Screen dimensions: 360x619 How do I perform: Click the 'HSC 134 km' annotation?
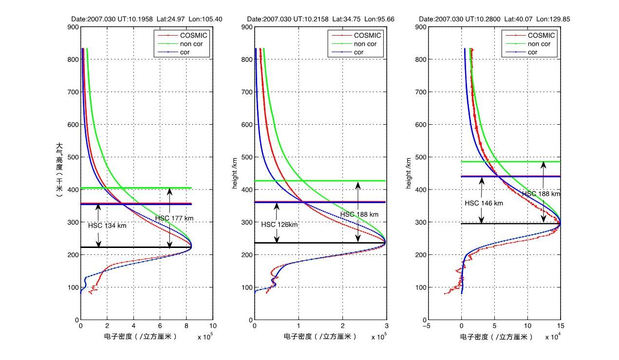[107, 226]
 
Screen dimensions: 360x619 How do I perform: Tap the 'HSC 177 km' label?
[174, 218]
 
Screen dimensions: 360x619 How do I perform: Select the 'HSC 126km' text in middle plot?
[279, 225]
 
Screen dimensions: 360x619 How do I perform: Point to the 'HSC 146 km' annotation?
[484, 203]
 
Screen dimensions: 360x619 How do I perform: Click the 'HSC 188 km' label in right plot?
[541, 193]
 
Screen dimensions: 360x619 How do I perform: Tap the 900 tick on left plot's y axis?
[73, 27]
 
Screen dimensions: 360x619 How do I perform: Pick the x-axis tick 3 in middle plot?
[387, 326]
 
